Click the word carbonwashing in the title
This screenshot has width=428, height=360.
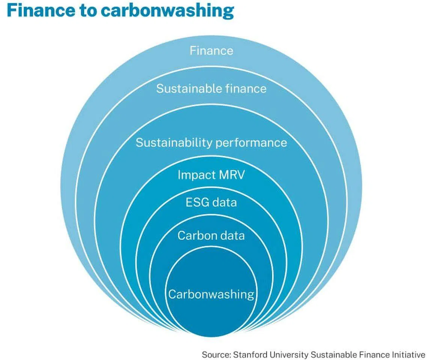click(x=167, y=12)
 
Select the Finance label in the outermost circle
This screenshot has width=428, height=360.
click(x=211, y=50)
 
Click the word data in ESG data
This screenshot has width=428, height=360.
click(x=225, y=203)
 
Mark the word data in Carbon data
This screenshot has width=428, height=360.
click(x=232, y=236)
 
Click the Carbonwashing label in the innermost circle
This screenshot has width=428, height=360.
click(x=211, y=294)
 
